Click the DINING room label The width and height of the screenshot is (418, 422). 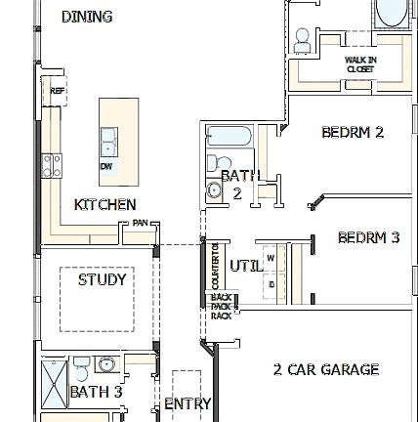[x=87, y=17]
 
